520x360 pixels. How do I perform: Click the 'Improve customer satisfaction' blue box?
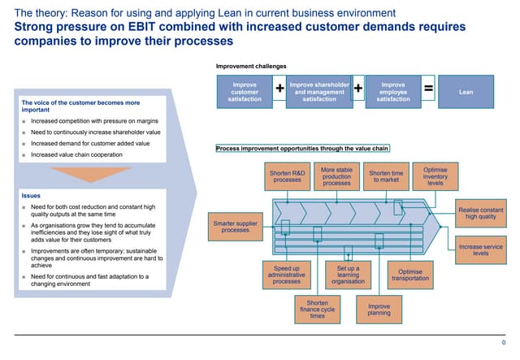[x=245, y=92]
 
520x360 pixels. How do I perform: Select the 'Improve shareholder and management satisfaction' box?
[x=319, y=92]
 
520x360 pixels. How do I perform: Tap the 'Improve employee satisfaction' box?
[x=393, y=92]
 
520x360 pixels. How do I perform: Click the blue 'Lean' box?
[x=466, y=92]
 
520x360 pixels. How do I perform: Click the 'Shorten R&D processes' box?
[x=287, y=176]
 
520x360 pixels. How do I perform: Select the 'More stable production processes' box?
[x=336, y=176]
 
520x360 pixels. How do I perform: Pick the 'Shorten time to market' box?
[x=386, y=176]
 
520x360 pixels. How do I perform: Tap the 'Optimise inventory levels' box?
[x=435, y=176]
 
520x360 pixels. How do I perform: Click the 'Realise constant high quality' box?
[x=481, y=213]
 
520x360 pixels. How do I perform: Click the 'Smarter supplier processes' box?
[x=236, y=227]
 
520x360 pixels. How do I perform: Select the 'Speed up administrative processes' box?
[x=287, y=275]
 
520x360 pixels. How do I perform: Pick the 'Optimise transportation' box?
[x=410, y=275]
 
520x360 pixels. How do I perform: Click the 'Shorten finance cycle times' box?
[x=317, y=310]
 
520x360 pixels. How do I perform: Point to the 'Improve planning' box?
[x=379, y=310]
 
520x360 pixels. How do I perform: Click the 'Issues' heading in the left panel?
[x=30, y=196]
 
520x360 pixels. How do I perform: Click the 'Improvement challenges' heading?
[x=250, y=65]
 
